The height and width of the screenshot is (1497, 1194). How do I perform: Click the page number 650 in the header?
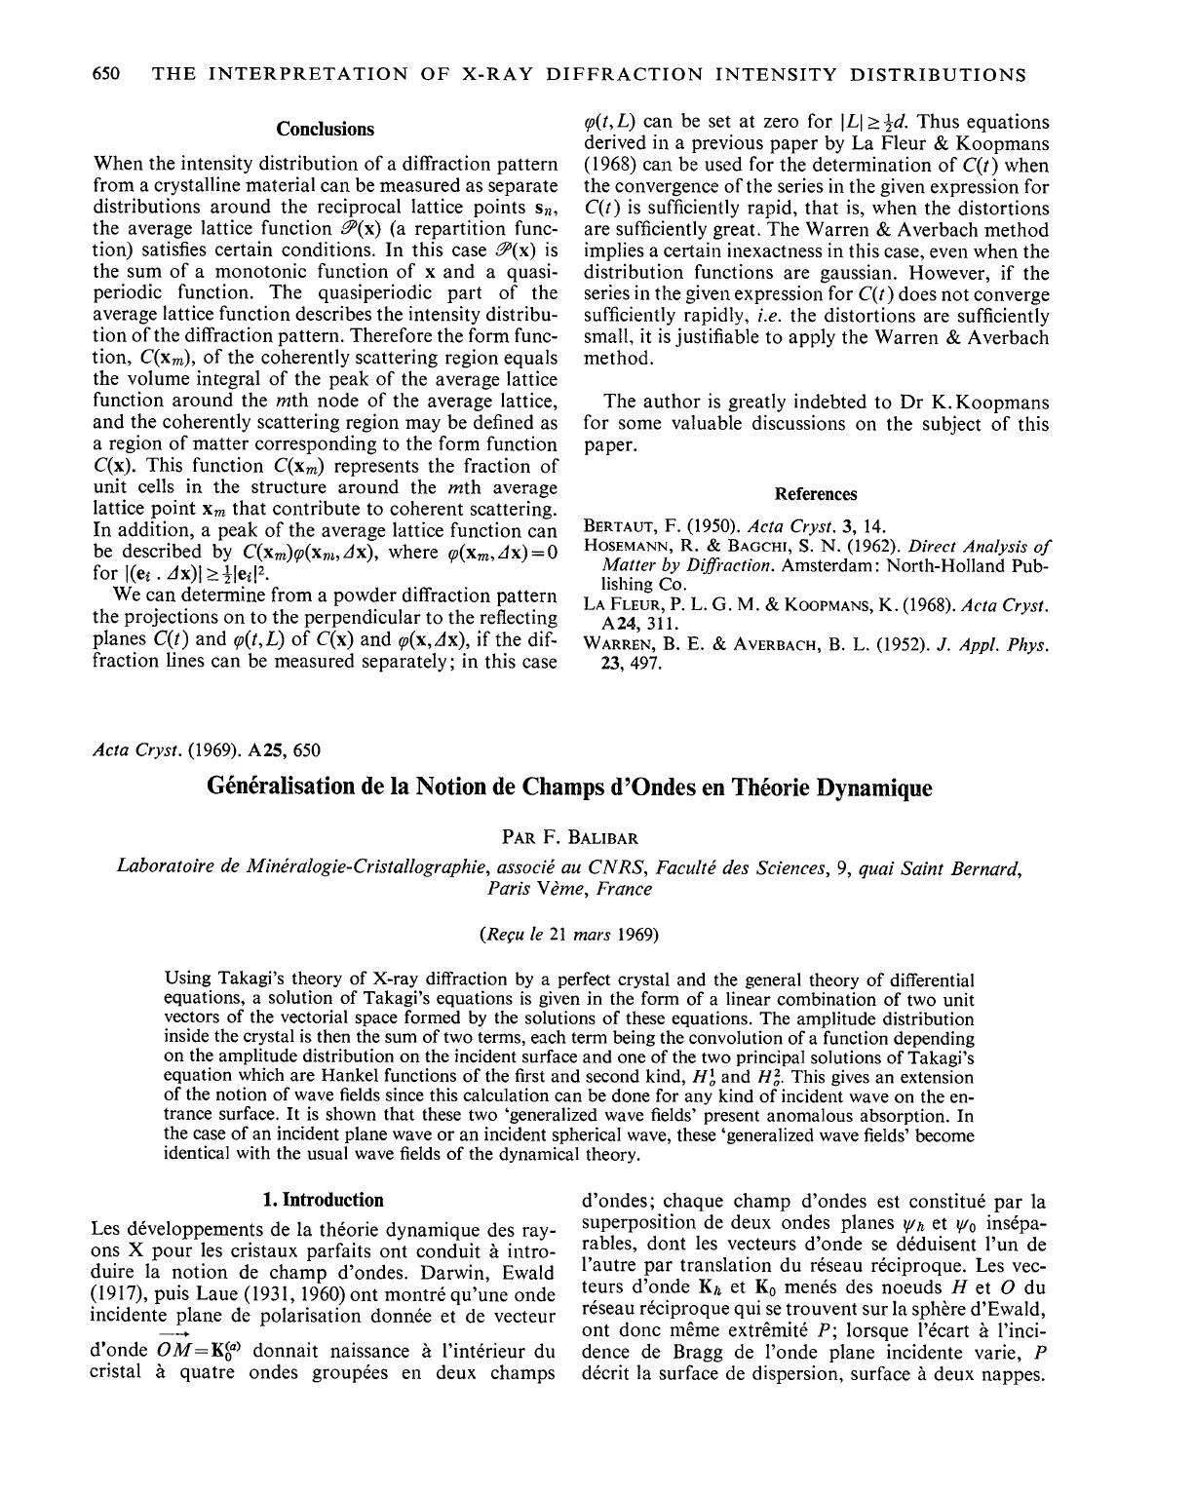click(104, 75)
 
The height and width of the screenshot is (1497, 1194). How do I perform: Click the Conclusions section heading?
click(325, 130)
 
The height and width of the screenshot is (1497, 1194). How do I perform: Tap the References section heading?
click(816, 494)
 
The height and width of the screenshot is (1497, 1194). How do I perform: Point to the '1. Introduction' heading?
click(325, 1201)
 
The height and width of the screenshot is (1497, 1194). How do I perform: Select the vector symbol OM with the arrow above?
click(175, 1351)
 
